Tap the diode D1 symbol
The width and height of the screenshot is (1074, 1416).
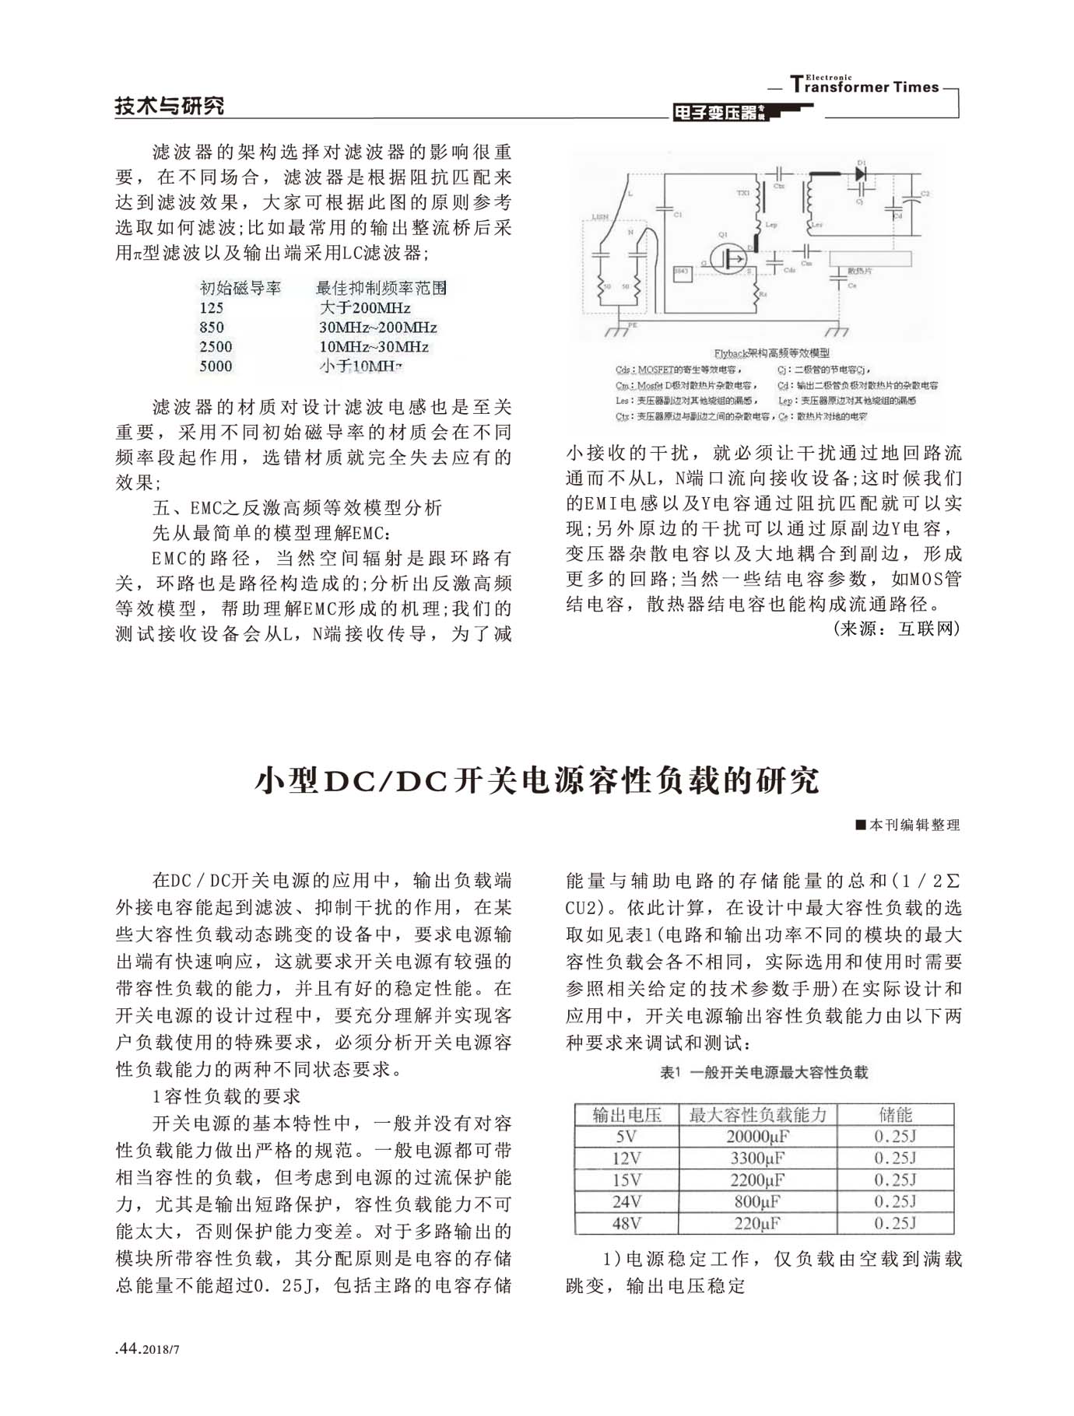pos(861,174)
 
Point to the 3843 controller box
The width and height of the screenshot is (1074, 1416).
pos(683,273)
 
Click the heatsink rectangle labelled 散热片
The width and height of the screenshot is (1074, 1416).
pos(869,259)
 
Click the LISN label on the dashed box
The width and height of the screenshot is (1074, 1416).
pos(600,217)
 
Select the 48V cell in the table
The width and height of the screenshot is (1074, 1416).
pos(626,1223)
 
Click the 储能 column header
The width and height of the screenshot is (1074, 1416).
pos(895,1114)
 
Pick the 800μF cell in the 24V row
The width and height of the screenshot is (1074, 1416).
pos(757,1201)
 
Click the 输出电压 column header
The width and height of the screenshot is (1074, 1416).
pos(626,1114)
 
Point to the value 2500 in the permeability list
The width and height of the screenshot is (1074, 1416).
pos(216,347)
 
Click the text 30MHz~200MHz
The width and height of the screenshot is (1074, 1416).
pos(377,328)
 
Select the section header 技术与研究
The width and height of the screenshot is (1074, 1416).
pos(169,106)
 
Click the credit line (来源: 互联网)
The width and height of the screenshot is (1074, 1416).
pos(896,629)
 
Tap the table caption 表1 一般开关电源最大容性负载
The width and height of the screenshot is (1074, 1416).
pos(763,1072)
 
